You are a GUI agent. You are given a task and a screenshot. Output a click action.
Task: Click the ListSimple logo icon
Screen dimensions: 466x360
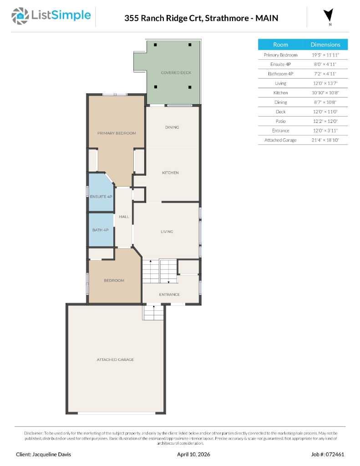[x=19, y=16]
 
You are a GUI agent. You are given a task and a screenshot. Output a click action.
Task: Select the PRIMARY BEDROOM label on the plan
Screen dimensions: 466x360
[x=117, y=133]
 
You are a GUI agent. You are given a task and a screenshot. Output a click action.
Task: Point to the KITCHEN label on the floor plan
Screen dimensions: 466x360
[x=170, y=173]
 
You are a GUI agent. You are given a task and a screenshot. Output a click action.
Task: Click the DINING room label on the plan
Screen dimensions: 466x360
[x=172, y=127]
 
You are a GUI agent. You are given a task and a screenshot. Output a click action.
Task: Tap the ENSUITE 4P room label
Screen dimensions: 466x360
[x=101, y=197]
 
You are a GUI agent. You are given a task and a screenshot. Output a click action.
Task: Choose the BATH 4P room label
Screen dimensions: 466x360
[x=100, y=230]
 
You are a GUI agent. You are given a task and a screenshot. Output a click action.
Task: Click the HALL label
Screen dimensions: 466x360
[x=124, y=217]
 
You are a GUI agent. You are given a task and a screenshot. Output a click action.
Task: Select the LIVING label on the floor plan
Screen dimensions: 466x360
[x=167, y=232]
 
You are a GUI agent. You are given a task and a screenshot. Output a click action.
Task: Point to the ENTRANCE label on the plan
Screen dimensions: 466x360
[x=169, y=294]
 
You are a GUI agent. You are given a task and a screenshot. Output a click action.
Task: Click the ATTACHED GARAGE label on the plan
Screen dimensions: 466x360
[x=115, y=360]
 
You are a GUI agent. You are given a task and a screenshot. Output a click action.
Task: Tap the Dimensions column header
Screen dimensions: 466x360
[x=325, y=45]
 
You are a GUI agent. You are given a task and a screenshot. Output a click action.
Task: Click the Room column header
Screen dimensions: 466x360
[x=280, y=45]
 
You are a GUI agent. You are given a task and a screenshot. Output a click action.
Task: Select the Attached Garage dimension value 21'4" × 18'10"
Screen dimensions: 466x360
[x=325, y=140]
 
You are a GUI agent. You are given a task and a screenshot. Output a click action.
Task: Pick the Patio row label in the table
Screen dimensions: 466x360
[x=280, y=121]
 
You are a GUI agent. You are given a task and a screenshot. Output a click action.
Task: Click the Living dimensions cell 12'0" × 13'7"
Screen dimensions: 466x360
[x=325, y=83]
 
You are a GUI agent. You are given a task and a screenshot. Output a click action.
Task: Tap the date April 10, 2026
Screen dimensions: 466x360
[x=193, y=454]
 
